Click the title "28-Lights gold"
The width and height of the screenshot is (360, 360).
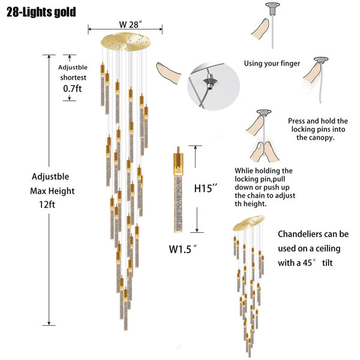click(41, 12)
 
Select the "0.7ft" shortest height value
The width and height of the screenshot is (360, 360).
click(73, 89)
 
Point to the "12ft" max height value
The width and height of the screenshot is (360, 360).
click(47, 205)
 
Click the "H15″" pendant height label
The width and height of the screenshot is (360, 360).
click(205, 188)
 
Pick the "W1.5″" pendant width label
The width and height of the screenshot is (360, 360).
click(182, 249)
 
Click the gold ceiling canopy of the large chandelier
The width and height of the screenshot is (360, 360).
click(126, 42)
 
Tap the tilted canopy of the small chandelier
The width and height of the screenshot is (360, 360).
click(248, 223)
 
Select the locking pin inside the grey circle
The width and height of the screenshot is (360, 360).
click(209, 82)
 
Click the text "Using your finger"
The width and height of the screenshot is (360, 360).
click(272, 64)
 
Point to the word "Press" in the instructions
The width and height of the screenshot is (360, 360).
click(296, 121)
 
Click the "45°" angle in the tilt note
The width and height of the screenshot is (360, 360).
click(310, 263)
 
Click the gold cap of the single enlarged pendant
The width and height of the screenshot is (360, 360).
click(178, 161)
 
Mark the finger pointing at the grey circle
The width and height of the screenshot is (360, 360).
click(169, 73)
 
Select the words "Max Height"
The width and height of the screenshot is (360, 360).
click(52, 191)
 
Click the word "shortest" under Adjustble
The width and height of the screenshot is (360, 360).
click(73, 77)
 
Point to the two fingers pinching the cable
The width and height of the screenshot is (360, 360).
click(265, 152)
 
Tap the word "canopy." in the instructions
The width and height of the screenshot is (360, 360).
click(325, 138)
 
